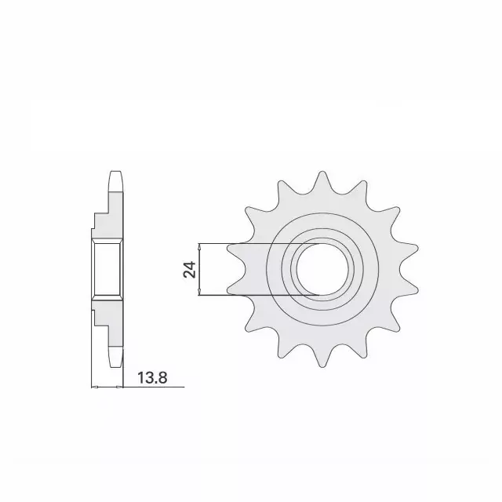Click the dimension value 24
coord(188,271)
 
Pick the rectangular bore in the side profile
coord(106,271)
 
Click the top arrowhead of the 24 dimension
coord(202,248)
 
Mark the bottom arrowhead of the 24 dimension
coord(202,293)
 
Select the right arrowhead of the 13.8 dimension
coord(122,387)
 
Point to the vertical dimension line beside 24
coord(202,271)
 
